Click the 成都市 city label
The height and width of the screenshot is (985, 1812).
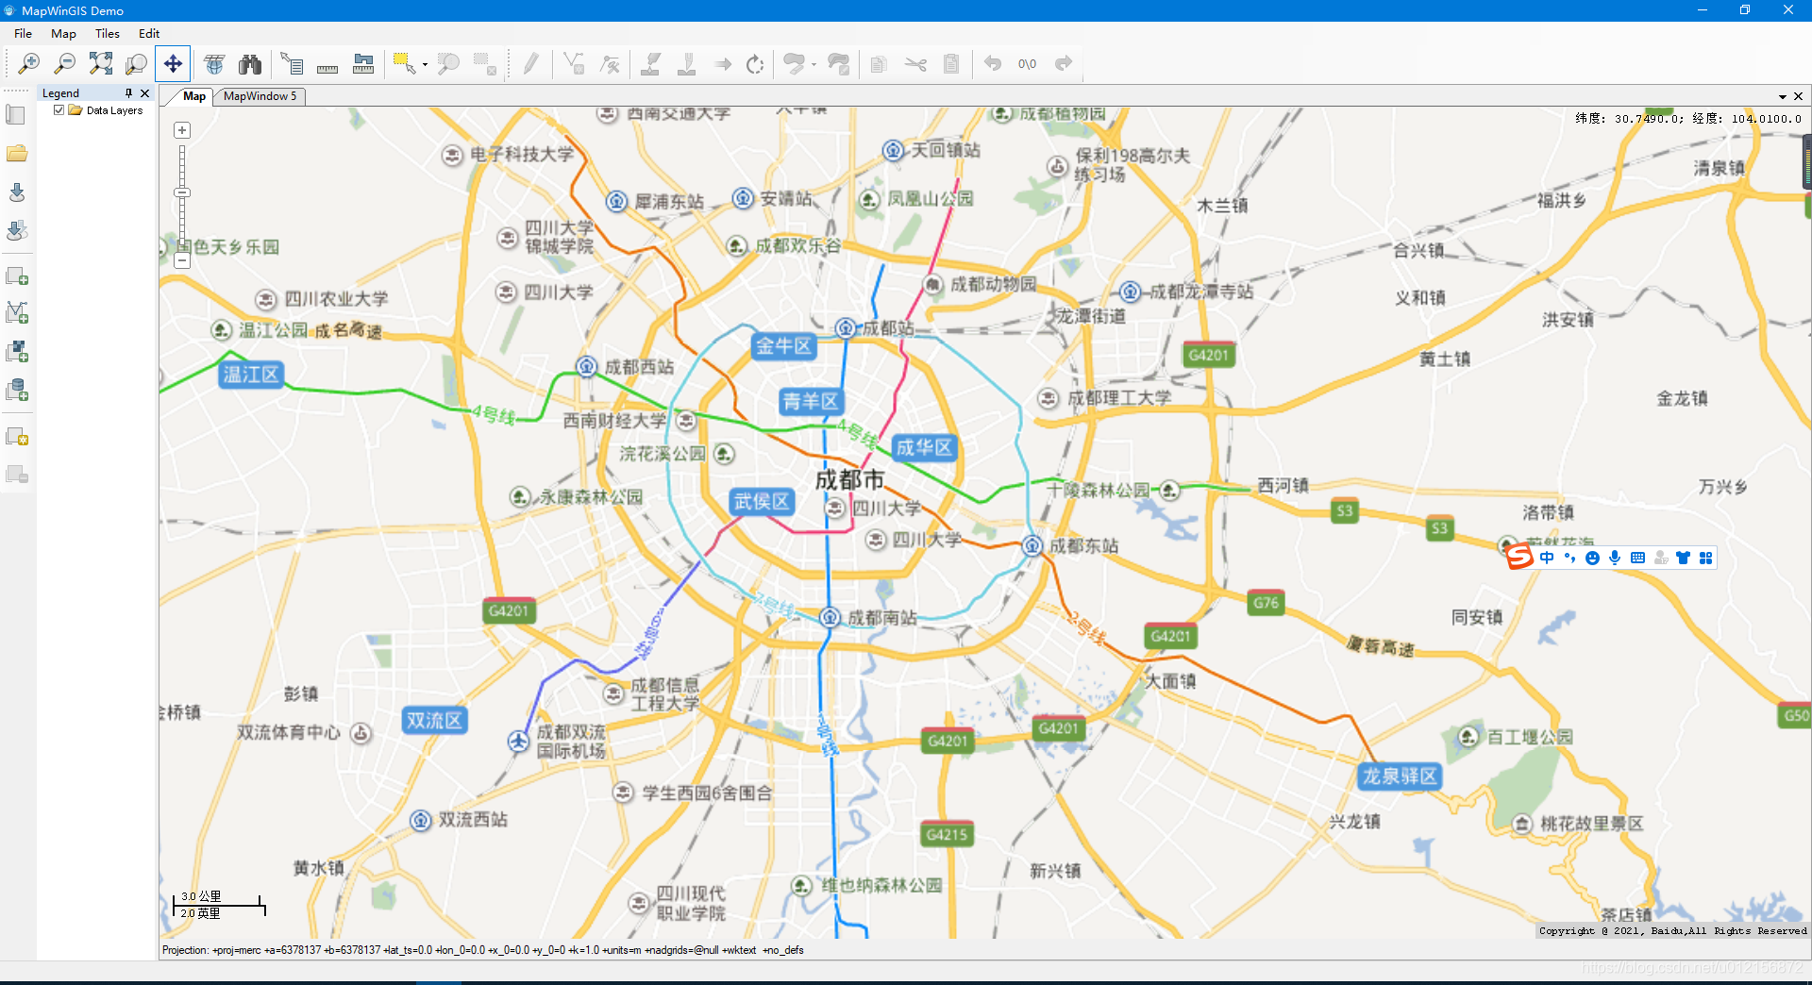[x=849, y=479]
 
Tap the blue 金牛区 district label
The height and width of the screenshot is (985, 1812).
[x=783, y=346]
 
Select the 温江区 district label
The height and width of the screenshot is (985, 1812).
[x=251, y=375]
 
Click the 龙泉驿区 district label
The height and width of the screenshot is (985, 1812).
[x=1399, y=776]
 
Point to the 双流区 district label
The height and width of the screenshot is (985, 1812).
[x=434, y=720]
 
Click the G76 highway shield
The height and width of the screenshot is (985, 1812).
[x=1266, y=603]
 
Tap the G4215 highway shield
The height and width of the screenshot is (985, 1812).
[x=947, y=834]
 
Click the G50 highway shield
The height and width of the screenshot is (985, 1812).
[x=1795, y=715]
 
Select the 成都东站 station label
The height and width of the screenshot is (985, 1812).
[x=1083, y=545]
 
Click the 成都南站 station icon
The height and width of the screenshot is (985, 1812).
[x=830, y=617]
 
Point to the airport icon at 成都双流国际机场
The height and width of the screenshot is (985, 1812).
[x=518, y=742]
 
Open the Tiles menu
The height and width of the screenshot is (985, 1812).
[x=107, y=33]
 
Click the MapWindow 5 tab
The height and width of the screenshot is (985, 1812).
[x=260, y=96]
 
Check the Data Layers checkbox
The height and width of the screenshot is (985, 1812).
[x=59, y=110]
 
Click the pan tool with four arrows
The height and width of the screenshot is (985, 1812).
[x=173, y=64]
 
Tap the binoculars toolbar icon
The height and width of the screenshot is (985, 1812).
[x=250, y=64]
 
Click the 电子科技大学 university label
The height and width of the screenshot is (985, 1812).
[x=522, y=154]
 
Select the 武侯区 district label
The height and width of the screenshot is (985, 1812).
[x=762, y=501]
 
